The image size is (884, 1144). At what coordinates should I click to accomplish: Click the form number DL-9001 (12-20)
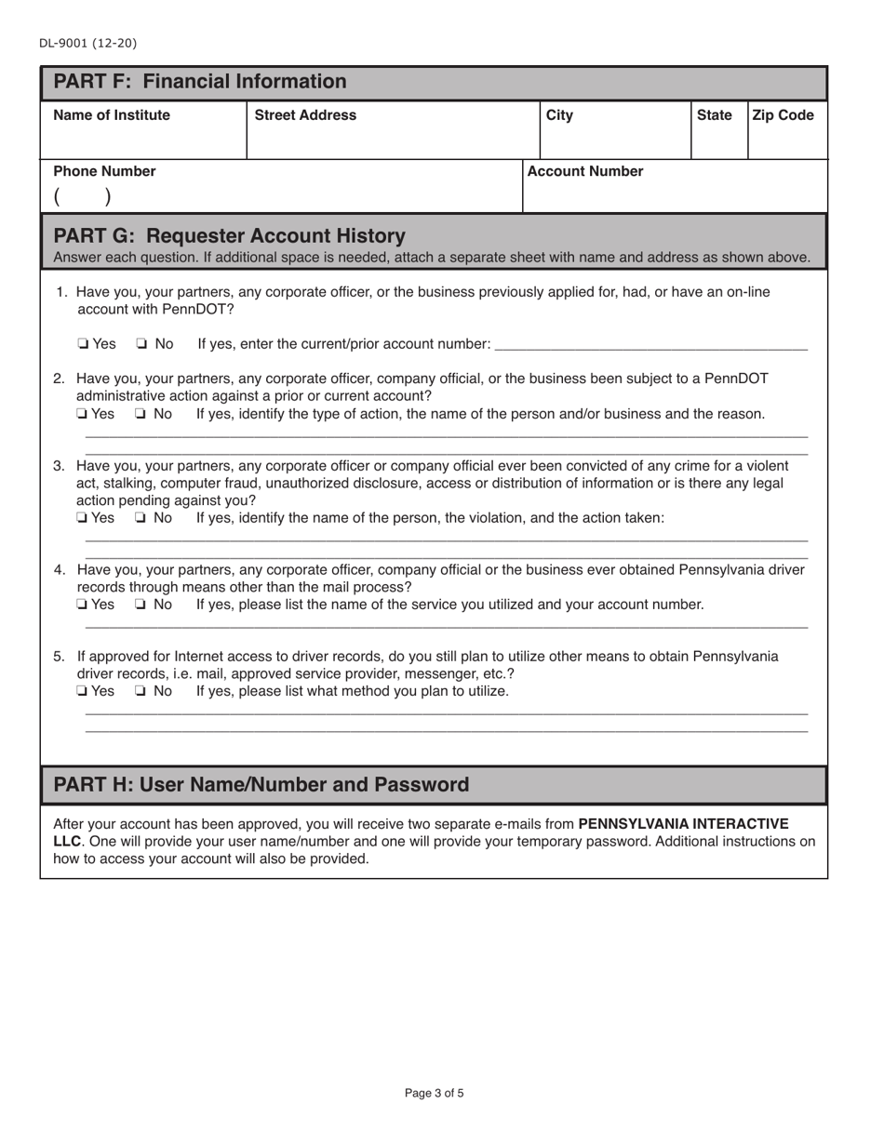pyautogui.click(x=87, y=43)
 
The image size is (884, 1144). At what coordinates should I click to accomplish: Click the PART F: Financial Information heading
pyautogui.click(x=199, y=82)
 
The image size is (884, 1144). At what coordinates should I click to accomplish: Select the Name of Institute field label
pyautogui.click(x=112, y=115)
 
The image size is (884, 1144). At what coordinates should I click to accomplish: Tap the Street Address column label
pyautogui.click(x=305, y=115)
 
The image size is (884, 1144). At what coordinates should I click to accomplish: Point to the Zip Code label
pyautogui.click(x=782, y=115)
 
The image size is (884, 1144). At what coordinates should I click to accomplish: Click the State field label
pyautogui.click(x=714, y=115)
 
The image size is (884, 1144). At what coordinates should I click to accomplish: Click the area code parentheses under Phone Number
pyautogui.click(x=82, y=196)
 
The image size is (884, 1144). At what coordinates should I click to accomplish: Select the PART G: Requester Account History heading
pyautogui.click(x=229, y=235)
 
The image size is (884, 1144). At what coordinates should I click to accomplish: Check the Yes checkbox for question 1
pyautogui.click(x=83, y=345)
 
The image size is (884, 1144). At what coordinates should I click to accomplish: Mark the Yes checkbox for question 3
pyautogui.click(x=83, y=518)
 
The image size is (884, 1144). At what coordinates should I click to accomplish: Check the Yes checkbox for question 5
pyautogui.click(x=83, y=692)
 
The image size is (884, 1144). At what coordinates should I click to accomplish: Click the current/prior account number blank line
pyautogui.click(x=651, y=346)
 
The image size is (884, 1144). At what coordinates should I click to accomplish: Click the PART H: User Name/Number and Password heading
pyautogui.click(x=261, y=785)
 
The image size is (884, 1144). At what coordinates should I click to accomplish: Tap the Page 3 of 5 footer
pyautogui.click(x=434, y=1094)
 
